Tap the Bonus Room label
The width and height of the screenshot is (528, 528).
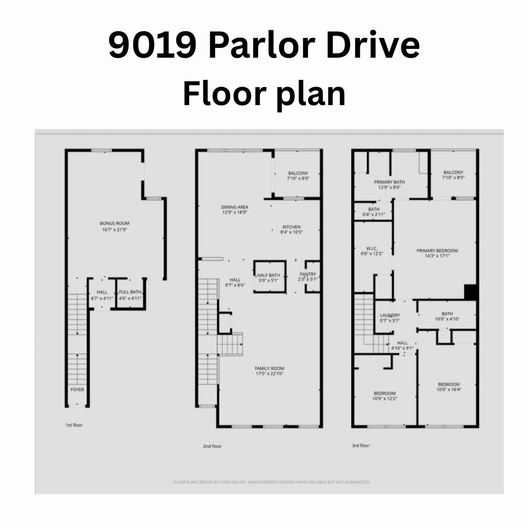115,223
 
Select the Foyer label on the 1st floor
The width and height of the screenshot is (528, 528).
77,390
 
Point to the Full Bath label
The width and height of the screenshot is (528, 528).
130,292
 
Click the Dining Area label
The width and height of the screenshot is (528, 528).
235,207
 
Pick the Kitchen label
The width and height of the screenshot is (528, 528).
291,227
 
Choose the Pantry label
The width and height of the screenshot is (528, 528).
308,275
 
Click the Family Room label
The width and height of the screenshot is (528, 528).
269,369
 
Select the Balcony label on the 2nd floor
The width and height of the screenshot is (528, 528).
298,174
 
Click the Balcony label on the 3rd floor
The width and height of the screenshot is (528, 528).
453,173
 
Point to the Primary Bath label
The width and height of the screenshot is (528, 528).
390,182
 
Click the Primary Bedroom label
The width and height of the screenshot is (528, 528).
437,251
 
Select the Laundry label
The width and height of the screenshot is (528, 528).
390,315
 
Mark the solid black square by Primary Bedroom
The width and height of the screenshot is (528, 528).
470,292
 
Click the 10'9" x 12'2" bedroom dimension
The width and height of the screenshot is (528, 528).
385,399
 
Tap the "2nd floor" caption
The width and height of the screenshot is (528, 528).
213,446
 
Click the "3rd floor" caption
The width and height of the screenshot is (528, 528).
361,445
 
